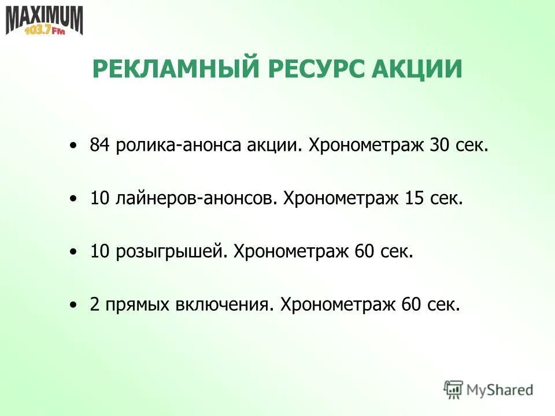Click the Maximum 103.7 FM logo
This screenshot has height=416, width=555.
[45, 21]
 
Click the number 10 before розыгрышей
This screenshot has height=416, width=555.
[99, 251]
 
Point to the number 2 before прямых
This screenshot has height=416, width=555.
[94, 304]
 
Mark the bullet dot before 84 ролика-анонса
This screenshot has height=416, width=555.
[72, 146]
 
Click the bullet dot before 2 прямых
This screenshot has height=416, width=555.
[72, 304]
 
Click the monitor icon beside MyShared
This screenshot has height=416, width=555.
[454, 389]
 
